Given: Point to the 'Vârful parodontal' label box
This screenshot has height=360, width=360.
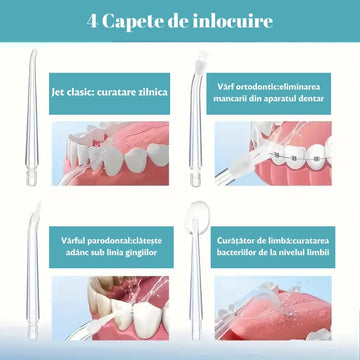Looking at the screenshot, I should click(107, 238).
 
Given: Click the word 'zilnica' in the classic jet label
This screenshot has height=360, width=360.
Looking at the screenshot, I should click(149, 91).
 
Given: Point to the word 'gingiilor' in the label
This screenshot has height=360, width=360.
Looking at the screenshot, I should click(142, 245).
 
